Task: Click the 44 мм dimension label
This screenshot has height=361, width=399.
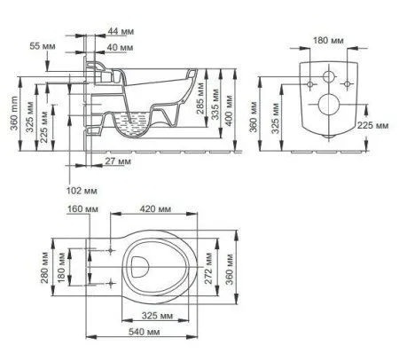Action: click(121, 31)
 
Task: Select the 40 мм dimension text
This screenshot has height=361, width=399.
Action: click(120, 47)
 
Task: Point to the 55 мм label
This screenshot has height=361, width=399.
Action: click(43, 46)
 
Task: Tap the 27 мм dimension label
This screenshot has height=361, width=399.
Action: click(118, 161)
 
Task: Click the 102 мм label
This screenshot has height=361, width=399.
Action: click(82, 191)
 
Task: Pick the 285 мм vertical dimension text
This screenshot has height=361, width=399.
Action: click(200, 98)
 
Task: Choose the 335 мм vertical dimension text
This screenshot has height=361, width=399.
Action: click(215, 105)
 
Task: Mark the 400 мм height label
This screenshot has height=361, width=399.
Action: click(229, 110)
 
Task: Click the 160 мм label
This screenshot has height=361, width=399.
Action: click(82, 209)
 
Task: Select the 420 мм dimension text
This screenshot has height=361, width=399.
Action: click(155, 209)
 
